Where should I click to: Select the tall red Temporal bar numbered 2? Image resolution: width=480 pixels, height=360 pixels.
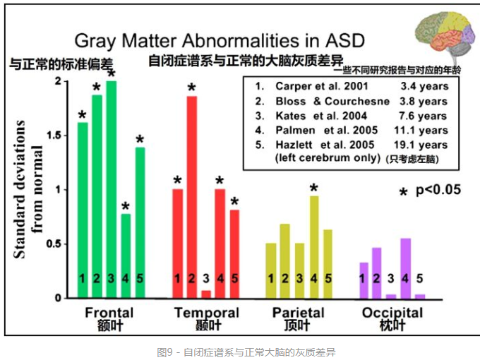point(192,197)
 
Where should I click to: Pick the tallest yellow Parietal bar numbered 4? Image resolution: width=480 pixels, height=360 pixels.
point(313,247)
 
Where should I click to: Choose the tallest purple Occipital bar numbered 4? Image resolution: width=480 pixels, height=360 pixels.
point(405,268)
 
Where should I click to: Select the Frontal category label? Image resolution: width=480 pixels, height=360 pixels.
point(109,313)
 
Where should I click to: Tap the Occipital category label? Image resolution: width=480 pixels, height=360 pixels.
point(392,313)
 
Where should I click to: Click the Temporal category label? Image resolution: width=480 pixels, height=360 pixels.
point(206,313)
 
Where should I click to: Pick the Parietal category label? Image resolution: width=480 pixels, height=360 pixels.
point(298,313)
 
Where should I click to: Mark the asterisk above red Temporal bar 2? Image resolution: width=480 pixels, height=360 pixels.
point(191,88)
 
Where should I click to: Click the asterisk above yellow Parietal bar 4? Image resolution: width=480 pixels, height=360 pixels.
point(313,188)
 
